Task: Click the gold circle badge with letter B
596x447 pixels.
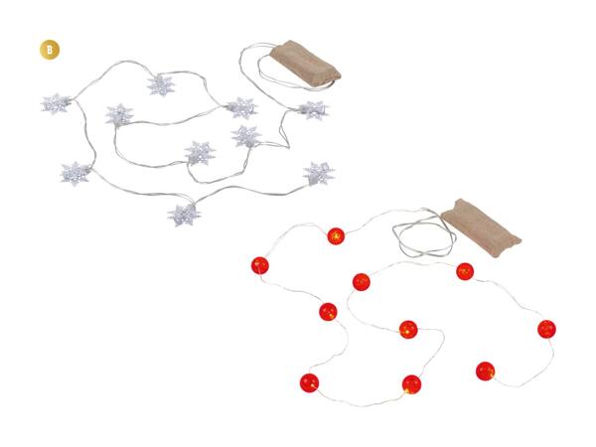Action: pos(50,50)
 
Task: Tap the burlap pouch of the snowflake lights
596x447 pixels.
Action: pos(306,65)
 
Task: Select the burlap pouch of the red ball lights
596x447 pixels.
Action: pos(481,227)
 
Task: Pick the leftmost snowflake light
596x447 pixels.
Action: pos(56,103)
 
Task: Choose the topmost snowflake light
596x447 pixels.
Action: pos(161,85)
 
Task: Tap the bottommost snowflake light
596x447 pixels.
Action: pos(184,216)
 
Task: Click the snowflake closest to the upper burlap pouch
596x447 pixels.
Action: pos(313,110)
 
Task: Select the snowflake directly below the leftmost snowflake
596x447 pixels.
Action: pos(75,173)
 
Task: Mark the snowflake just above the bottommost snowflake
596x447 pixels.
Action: pos(200,153)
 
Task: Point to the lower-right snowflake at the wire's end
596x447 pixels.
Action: pos(319,173)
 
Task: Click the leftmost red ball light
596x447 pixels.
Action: pos(260,265)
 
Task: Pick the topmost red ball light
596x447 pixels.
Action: pos(336,236)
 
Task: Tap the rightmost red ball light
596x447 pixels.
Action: pos(546,329)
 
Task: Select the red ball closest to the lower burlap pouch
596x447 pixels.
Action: pos(465,271)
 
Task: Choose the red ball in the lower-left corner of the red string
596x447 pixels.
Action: pos(309,382)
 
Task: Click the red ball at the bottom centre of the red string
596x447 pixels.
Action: pos(411,384)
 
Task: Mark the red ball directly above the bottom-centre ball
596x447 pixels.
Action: pos(408,329)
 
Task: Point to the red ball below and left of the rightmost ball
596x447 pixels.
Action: pos(486,371)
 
